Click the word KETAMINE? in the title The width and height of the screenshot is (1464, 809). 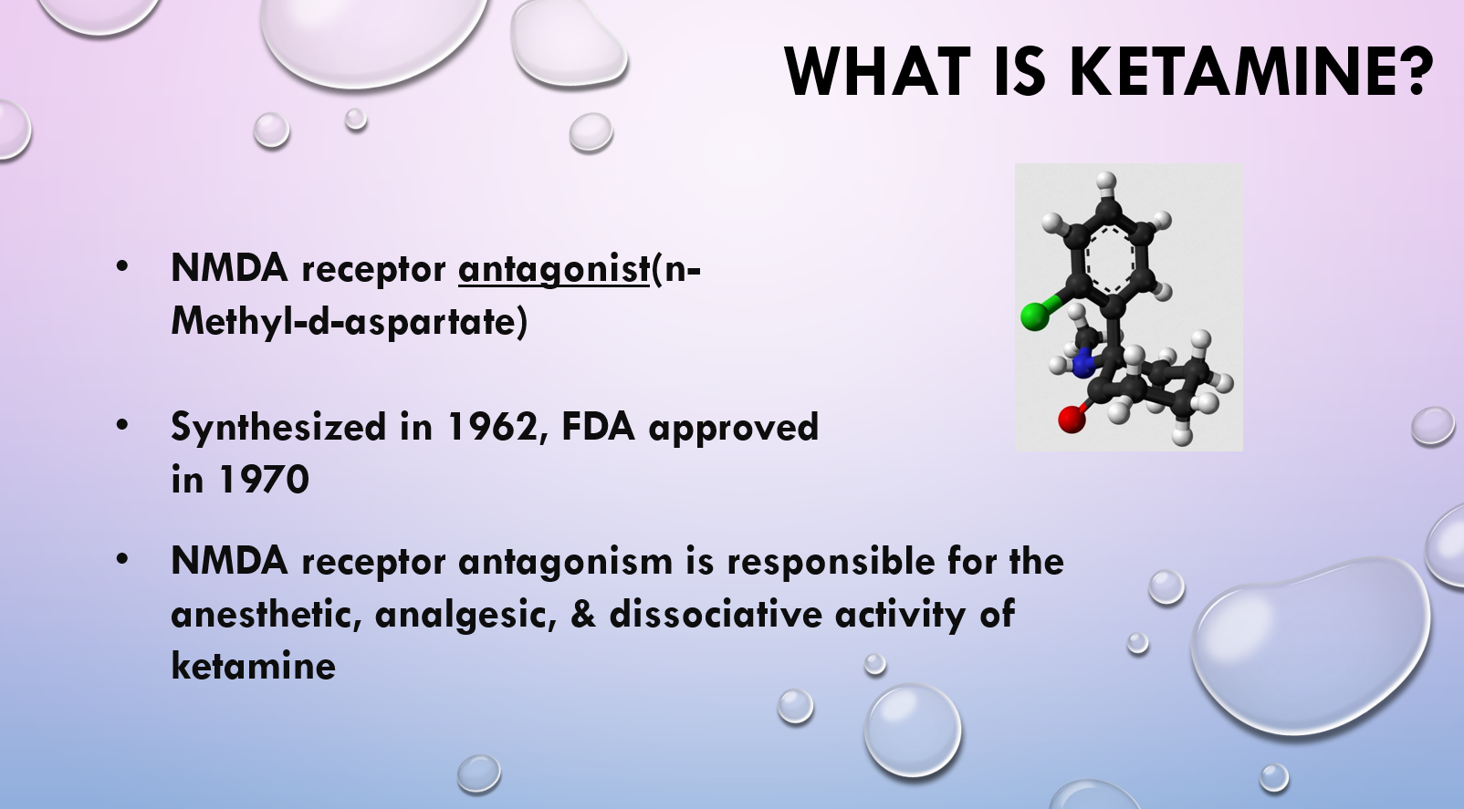[x=1251, y=71]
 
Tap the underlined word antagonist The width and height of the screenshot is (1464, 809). [x=554, y=268]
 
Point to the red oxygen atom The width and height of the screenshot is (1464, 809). [x=1072, y=419]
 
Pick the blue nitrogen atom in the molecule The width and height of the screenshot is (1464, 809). [x=1082, y=363]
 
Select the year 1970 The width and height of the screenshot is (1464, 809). [x=264, y=480]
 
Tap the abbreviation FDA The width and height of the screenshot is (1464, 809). [x=598, y=427]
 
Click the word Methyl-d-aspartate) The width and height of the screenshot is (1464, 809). [x=349, y=321]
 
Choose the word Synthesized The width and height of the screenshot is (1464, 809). [x=278, y=428]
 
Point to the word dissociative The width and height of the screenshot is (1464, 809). [x=716, y=614]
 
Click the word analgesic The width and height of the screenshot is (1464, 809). [x=465, y=615]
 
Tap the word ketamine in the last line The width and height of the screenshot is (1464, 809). [x=254, y=666]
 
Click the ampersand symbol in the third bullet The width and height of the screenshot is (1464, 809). [x=583, y=615]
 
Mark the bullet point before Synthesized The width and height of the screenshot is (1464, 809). [x=122, y=425]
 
